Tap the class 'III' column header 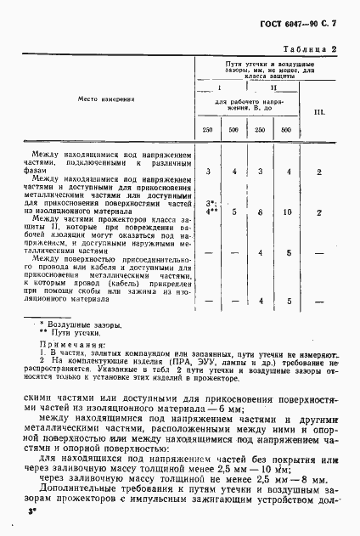click(318, 111)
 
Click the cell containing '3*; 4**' click(209, 208)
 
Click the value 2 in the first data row click(318, 172)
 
